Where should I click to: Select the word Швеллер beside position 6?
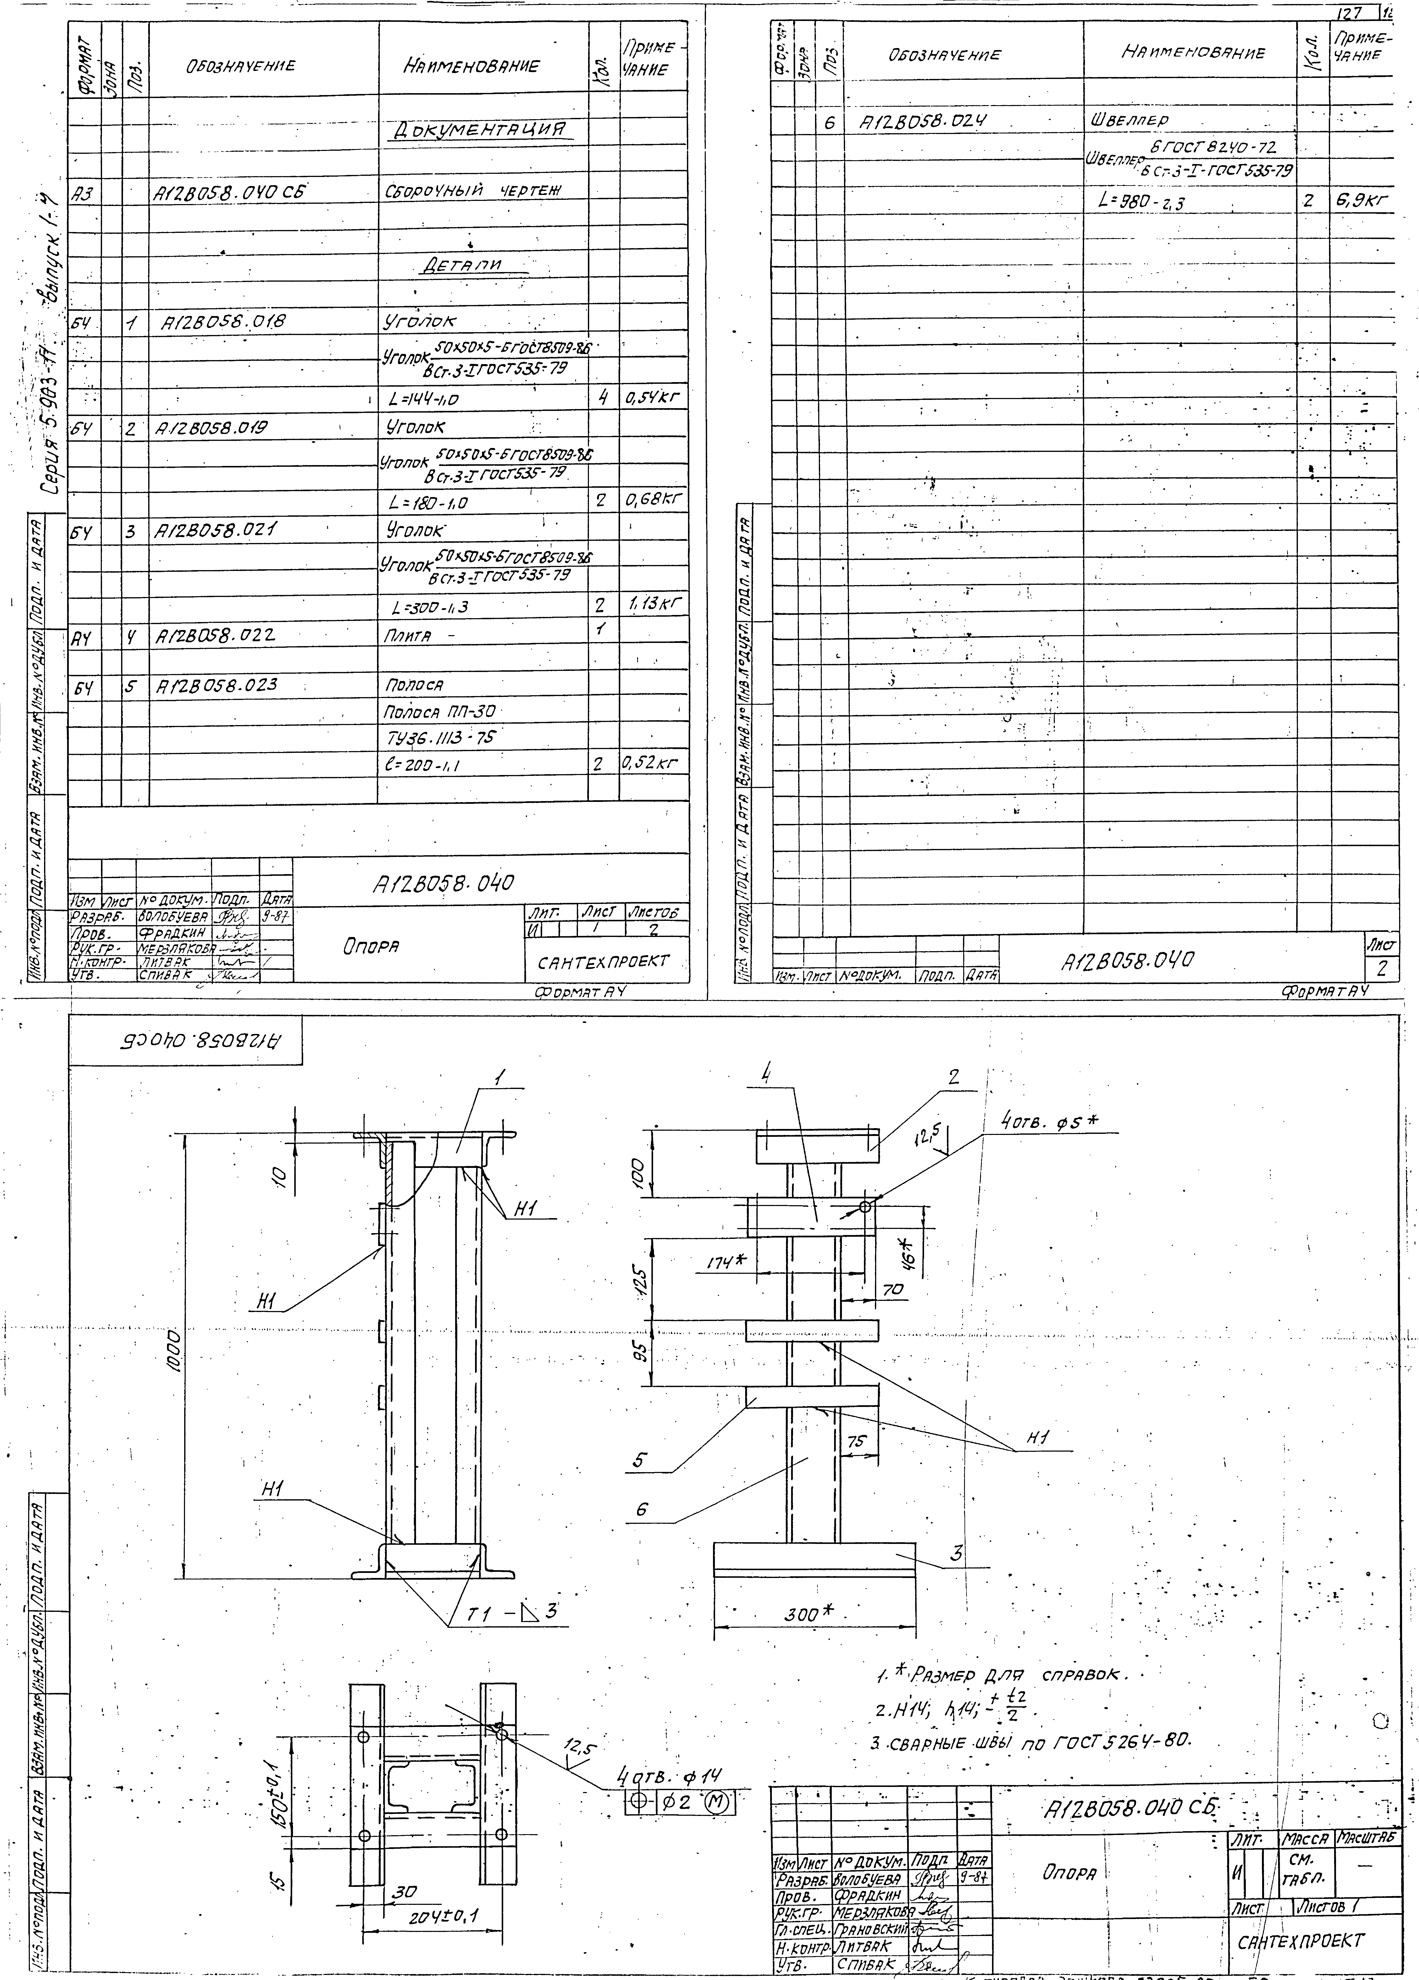point(1131,119)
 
